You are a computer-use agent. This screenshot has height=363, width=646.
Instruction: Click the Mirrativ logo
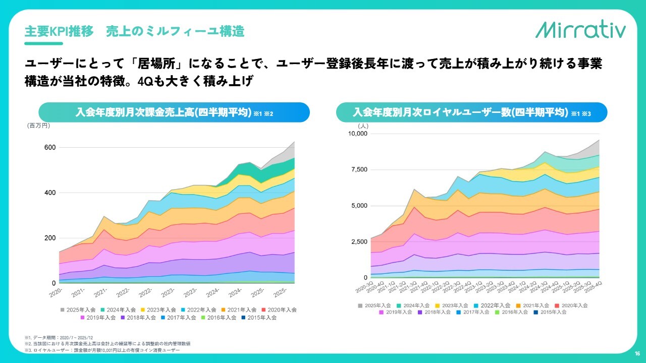click(580, 30)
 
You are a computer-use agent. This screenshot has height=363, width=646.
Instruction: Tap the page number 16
click(637, 353)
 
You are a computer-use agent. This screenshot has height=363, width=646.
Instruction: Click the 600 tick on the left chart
click(49, 147)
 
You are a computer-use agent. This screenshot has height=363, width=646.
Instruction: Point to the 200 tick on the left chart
click(49, 238)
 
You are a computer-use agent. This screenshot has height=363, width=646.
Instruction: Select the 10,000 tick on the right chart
click(359, 134)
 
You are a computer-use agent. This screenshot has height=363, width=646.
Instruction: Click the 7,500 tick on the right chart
click(361, 169)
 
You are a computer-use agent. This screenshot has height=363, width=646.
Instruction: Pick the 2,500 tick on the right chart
click(361, 241)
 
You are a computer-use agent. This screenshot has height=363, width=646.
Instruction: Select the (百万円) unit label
click(38, 126)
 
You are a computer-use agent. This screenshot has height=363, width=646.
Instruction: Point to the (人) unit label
click(363, 126)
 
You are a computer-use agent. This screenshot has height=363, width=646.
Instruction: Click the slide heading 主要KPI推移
click(59, 31)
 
